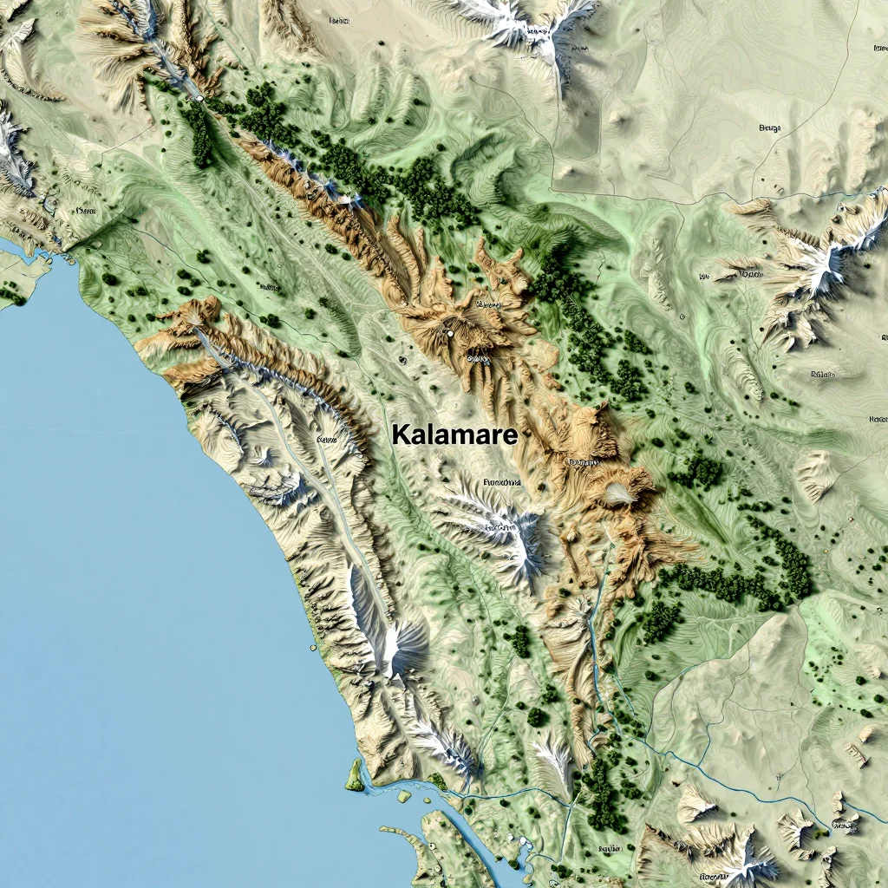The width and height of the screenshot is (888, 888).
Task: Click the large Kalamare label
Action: point(454,435)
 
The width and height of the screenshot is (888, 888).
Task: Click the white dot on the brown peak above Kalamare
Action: point(450,332)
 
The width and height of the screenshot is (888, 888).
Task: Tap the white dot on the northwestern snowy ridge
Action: point(200,99)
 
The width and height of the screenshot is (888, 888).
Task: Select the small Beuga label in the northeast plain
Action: point(769,128)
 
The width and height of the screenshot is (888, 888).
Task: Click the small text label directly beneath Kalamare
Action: point(501,481)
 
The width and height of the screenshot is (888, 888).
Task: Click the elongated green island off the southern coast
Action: point(355,774)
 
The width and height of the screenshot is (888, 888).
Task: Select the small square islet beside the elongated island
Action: point(403,795)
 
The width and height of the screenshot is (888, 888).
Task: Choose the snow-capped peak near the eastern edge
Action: point(824,256)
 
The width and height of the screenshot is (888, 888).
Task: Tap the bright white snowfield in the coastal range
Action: point(395,646)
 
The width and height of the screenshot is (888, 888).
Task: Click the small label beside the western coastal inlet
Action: point(85,211)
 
